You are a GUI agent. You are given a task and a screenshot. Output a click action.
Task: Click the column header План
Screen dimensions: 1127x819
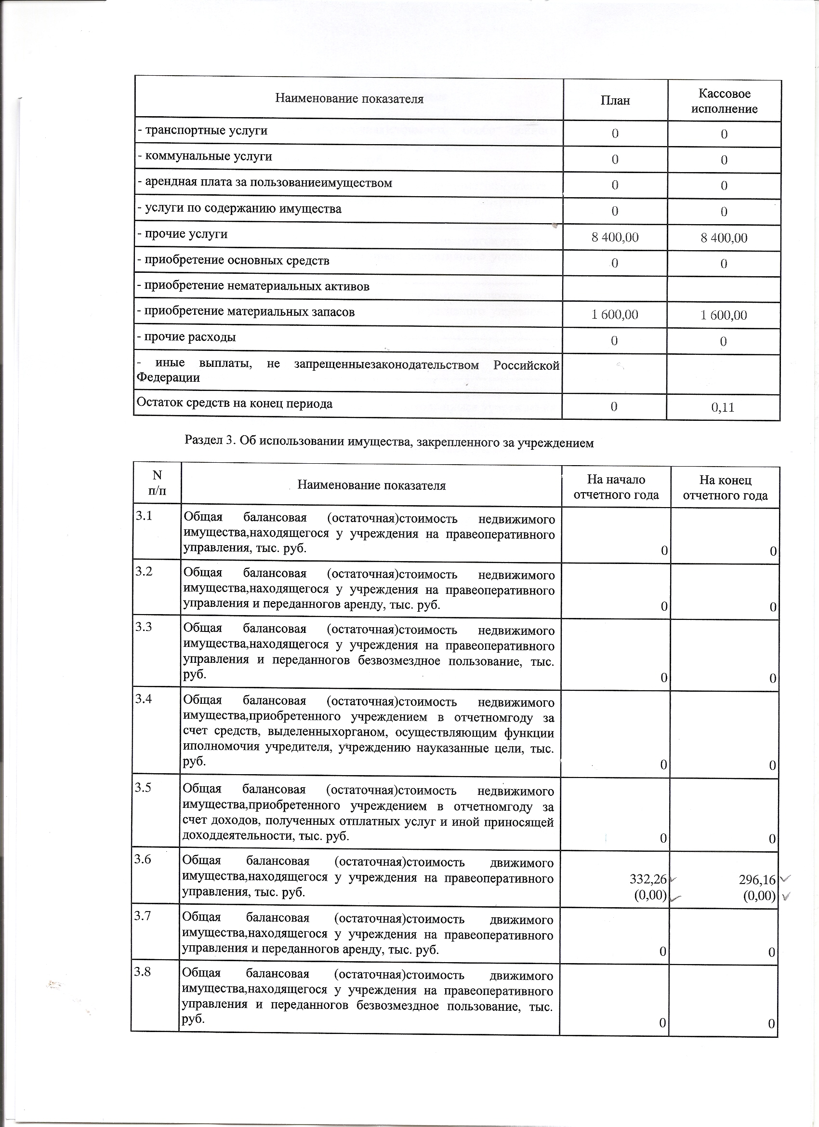click(615, 100)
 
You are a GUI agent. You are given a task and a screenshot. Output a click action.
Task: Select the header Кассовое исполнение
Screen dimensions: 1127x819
click(724, 101)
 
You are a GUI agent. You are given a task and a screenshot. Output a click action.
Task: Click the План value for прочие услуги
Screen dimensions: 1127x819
click(615, 238)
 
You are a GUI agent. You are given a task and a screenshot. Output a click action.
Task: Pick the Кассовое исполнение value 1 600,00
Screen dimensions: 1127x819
click(724, 315)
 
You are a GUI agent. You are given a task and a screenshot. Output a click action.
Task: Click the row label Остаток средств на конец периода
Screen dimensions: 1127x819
click(235, 403)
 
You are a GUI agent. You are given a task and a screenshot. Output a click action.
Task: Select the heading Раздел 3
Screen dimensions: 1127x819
click(389, 441)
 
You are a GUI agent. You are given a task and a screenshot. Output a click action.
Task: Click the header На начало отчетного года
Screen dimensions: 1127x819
click(616, 487)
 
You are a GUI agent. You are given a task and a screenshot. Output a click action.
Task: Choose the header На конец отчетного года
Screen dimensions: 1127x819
click(725, 487)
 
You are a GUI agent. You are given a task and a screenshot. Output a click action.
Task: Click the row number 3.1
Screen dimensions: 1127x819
click(144, 516)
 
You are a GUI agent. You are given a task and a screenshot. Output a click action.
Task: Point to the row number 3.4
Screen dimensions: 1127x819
click(144, 699)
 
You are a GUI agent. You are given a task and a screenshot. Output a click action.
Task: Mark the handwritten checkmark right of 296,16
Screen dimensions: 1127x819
click(785, 879)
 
